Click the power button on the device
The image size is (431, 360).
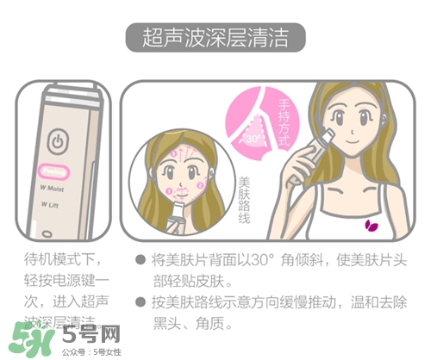[x=57, y=141]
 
